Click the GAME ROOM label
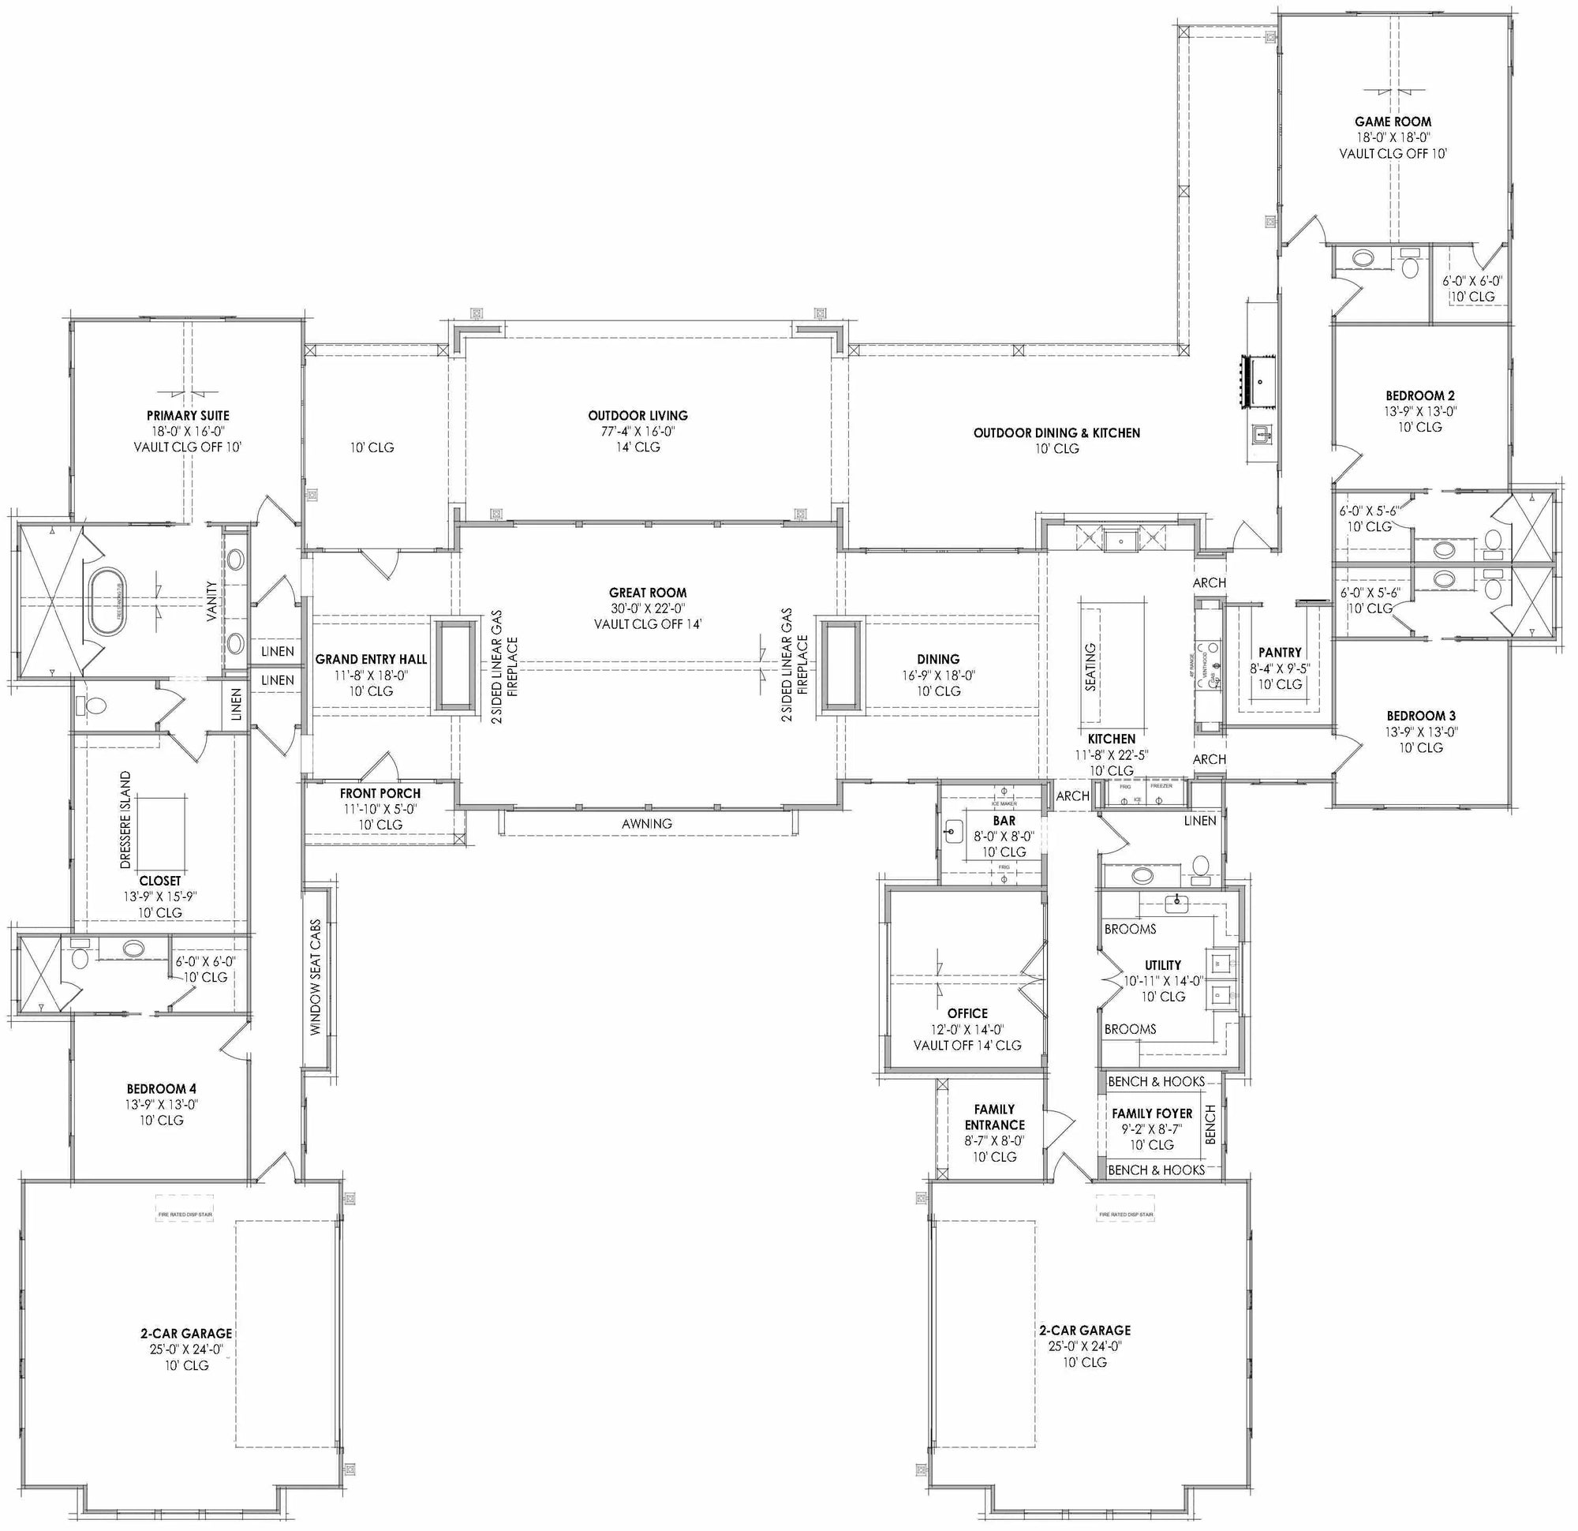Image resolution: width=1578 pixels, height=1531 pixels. click(1393, 122)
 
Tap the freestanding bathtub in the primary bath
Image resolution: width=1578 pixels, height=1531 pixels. click(107, 601)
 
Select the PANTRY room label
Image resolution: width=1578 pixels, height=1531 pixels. click(1280, 653)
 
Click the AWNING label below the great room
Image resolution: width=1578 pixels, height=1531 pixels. click(646, 823)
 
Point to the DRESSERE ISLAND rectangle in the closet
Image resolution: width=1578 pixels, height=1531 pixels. click(161, 829)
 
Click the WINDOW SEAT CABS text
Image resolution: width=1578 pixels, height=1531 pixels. click(316, 977)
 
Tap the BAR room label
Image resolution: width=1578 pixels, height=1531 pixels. click(1004, 821)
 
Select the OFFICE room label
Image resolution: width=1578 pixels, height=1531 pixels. click(967, 1013)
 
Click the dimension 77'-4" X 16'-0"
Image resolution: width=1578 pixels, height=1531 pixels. click(638, 431)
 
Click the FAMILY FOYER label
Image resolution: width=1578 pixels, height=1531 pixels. click(1152, 1113)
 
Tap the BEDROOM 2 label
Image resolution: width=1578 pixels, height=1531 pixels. click(1419, 395)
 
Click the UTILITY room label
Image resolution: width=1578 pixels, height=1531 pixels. click(1162, 965)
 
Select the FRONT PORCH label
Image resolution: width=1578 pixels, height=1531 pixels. click(380, 793)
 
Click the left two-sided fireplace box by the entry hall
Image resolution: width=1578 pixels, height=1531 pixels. click(455, 665)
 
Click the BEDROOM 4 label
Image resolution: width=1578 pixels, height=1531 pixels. click(161, 1089)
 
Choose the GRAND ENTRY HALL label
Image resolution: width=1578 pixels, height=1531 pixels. click(371, 659)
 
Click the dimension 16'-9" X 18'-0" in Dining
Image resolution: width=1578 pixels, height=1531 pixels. click(938, 676)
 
